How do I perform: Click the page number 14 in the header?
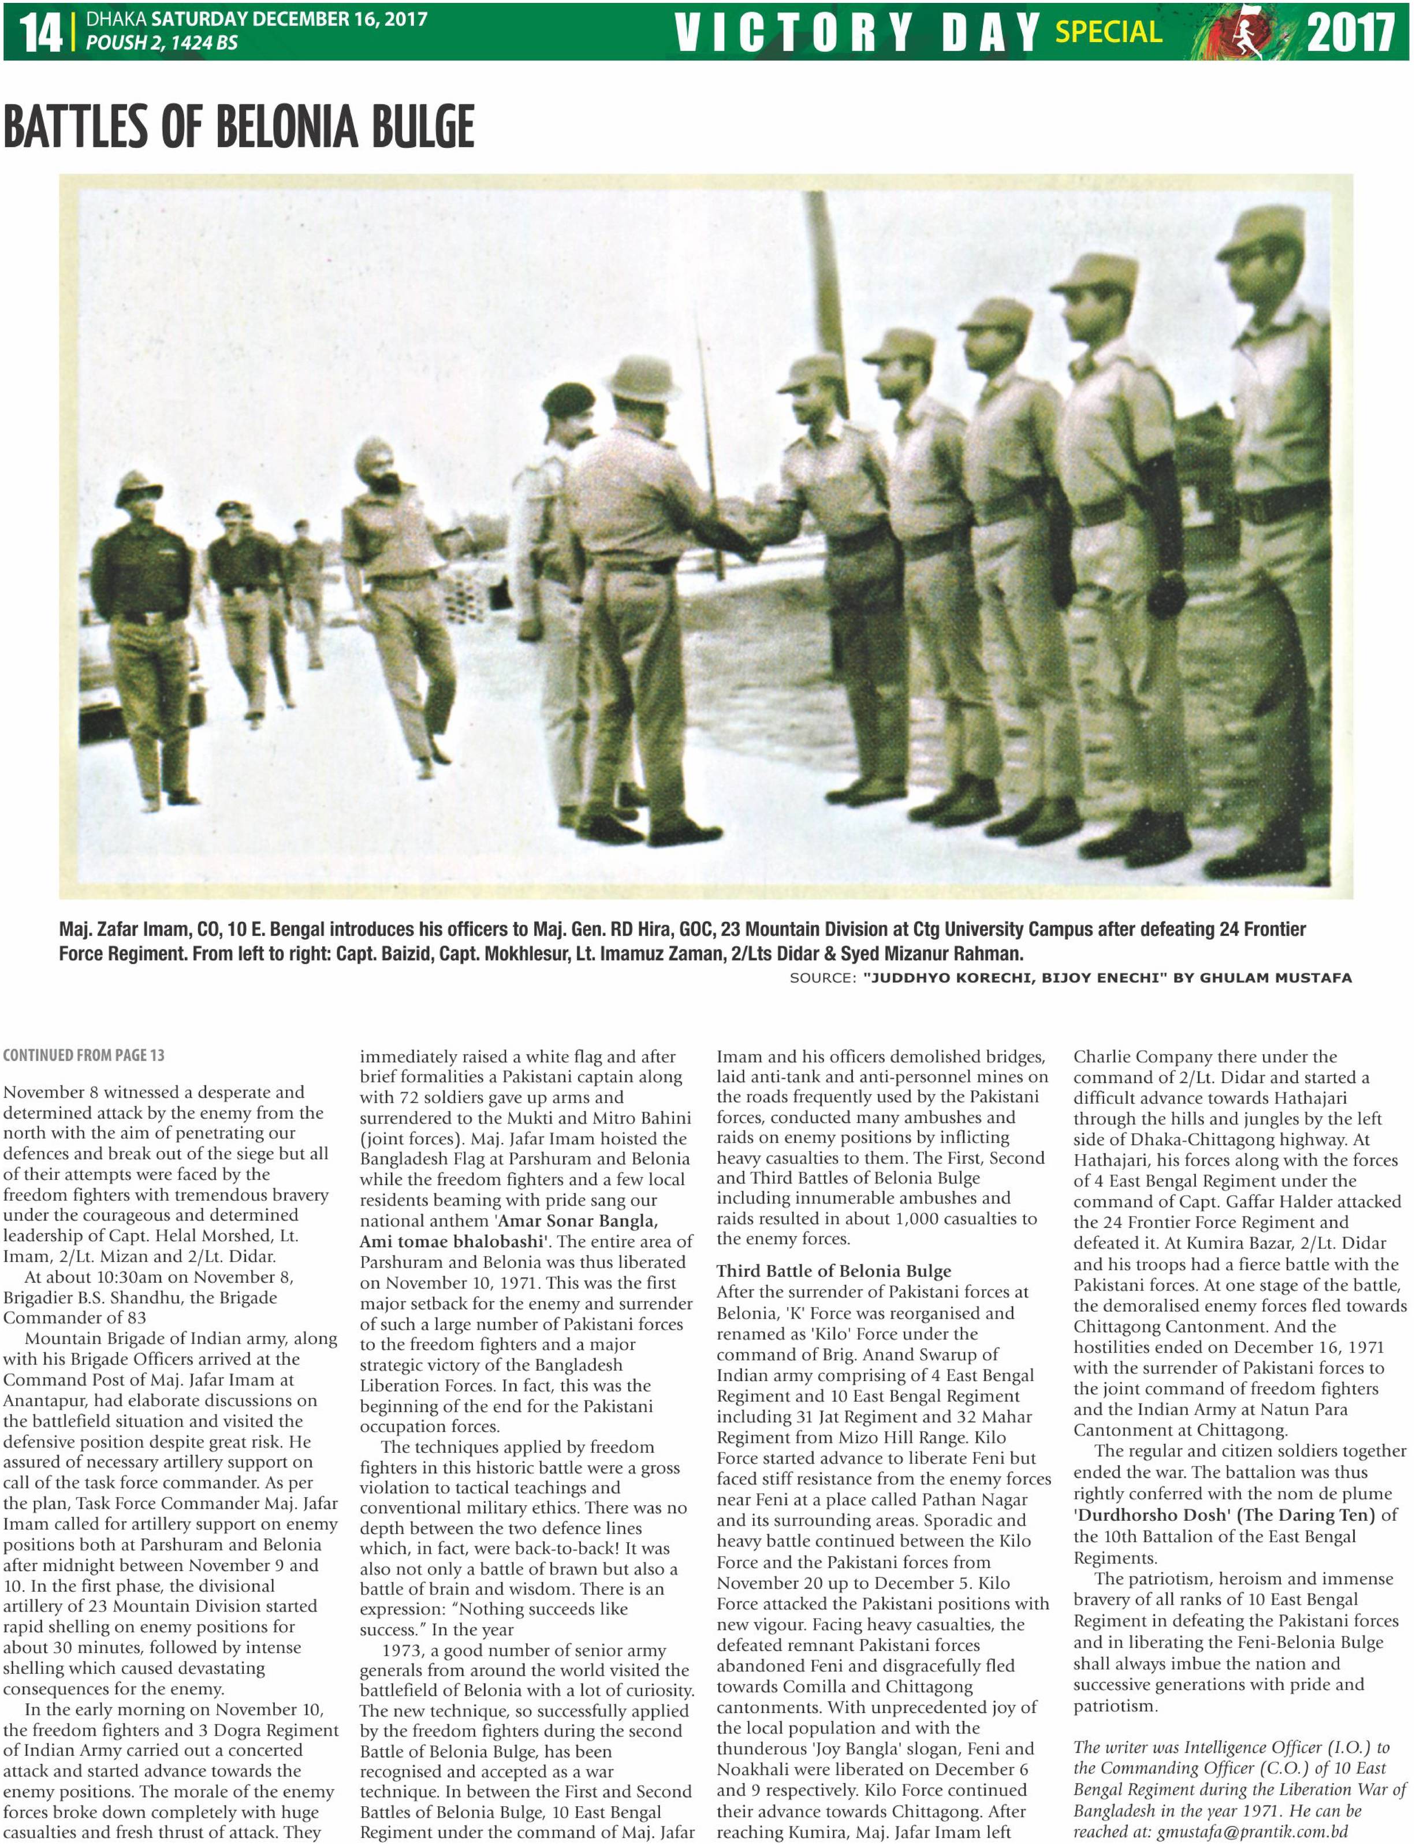coord(40,32)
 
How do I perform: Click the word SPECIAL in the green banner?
coord(1108,32)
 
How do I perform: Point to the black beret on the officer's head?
coord(568,399)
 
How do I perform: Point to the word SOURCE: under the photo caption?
coord(822,978)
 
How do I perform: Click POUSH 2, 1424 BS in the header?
coord(162,43)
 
